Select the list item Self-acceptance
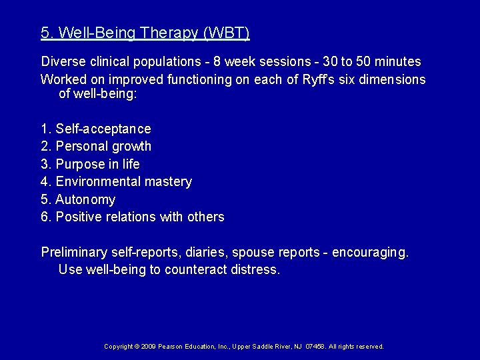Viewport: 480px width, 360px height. tap(103, 129)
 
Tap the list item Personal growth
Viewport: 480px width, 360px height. tap(103, 146)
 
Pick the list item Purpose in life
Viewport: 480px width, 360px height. tap(97, 164)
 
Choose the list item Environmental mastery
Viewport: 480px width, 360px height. tap(123, 181)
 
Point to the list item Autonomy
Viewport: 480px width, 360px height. tap(85, 199)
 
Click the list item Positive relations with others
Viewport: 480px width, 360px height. tap(139, 217)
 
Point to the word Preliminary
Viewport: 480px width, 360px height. tap(73, 253)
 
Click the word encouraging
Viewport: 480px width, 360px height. tap(370, 253)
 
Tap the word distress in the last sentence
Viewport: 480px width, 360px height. tap(255, 270)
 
